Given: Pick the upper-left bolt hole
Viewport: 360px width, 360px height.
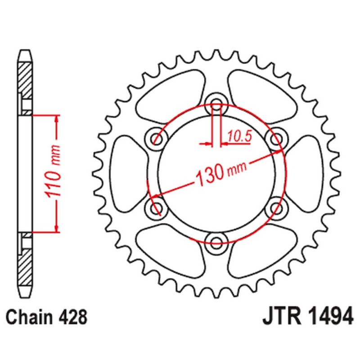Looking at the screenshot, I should [156, 137].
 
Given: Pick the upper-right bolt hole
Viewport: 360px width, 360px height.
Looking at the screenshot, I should [276, 137].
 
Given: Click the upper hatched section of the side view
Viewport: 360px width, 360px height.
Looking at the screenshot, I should [26, 79].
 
